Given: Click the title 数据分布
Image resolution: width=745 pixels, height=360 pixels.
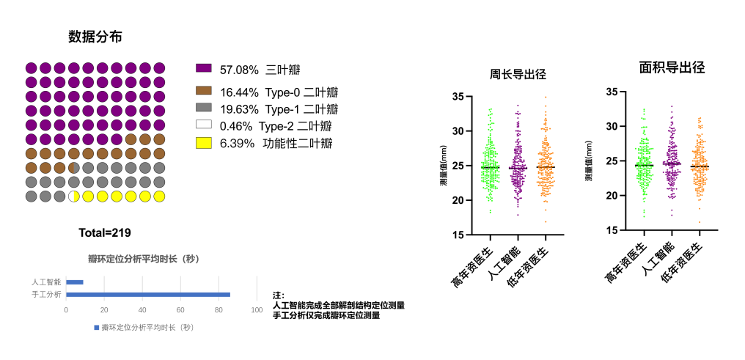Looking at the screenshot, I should (x=95, y=37).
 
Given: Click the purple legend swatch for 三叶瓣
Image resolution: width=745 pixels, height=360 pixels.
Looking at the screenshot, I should (x=204, y=68).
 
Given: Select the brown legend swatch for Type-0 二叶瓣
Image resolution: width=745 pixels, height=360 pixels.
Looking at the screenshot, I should (x=204, y=91).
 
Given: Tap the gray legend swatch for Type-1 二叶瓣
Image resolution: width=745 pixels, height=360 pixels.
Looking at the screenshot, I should (x=204, y=108).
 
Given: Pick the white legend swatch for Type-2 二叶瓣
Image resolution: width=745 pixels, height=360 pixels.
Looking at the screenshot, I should (x=204, y=125).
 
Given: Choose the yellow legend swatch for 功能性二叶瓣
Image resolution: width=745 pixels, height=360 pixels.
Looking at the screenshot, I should (x=204, y=142).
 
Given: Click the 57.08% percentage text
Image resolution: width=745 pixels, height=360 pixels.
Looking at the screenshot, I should (x=239, y=70).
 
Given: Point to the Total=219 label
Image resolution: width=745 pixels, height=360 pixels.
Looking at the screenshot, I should (x=105, y=233).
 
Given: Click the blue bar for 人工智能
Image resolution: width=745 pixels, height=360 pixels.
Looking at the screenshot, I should (x=74, y=282).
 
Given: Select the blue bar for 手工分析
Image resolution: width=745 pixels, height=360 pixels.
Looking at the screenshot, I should (x=147, y=295).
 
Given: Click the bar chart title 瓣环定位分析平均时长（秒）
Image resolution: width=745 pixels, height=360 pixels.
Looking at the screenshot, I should (x=144, y=259).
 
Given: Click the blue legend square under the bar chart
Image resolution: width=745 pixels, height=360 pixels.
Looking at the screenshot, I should (x=96, y=328).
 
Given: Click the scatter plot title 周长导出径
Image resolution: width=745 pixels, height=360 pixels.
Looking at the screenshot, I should (x=518, y=74).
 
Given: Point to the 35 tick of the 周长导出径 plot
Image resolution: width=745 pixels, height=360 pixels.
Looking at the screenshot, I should (x=460, y=97).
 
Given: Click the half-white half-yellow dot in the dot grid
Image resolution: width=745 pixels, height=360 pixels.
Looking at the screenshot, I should (x=73, y=196).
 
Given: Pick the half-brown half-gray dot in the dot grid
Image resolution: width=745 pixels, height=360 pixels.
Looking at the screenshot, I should (x=73, y=168).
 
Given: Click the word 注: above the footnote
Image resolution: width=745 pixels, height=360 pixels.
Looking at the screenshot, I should (x=279, y=295).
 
